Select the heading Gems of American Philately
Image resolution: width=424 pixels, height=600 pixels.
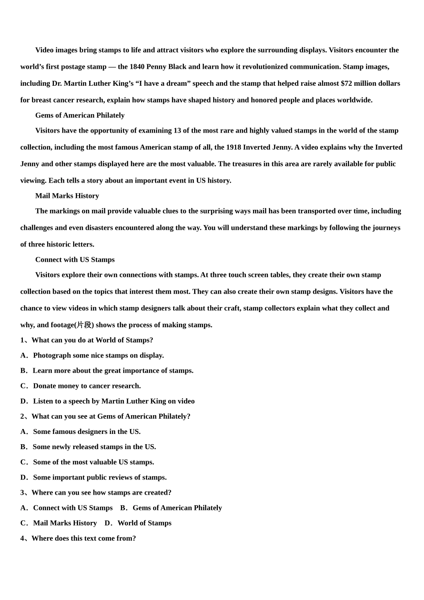pyautogui.click(x=80, y=115)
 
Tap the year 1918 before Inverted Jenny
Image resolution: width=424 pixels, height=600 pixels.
pyautogui.click(x=233, y=147)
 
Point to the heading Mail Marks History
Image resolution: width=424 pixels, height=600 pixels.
pyautogui.click(x=67, y=196)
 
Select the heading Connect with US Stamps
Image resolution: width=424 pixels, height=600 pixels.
pyautogui.click(x=75, y=260)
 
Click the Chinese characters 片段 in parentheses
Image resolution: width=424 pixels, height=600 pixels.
pyautogui.click(x=84, y=325)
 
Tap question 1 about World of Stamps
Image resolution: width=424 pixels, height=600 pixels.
pyautogui.click(x=87, y=340)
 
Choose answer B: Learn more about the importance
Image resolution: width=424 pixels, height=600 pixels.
pyautogui.click(x=107, y=371)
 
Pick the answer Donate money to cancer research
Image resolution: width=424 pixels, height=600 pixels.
pyautogui.click(x=81, y=386)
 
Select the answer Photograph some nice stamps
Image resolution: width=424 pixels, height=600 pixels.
pyautogui.click(x=92, y=355)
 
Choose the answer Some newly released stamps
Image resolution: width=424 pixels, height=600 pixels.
pyautogui.click(x=88, y=447)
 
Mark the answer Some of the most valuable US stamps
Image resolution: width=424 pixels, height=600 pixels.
pyautogui.click(x=87, y=462)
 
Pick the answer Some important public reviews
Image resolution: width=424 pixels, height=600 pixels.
pyautogui.click(x=94, y=477)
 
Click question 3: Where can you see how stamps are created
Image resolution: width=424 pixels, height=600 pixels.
pyautogui.click(x=96, y=492)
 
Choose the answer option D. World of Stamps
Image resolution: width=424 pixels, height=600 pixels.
pyautogui.click(x=138, y=523)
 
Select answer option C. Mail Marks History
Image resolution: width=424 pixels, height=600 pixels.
pyautogui.click(x=59, y=523)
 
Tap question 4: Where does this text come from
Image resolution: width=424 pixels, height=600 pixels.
pyautogui.click(x=78, y=538)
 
